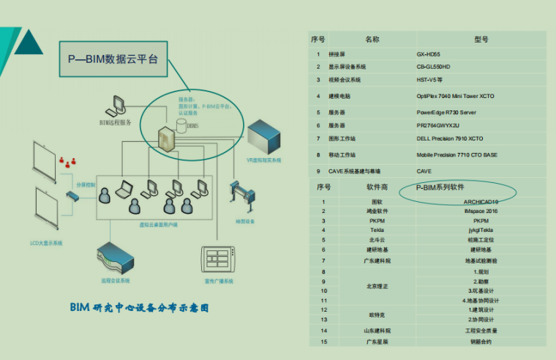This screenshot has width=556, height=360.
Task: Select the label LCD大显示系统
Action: [46, 242]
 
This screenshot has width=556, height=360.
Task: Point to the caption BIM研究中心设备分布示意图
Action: [139, 308]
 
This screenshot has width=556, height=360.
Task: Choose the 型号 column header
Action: [481, 40]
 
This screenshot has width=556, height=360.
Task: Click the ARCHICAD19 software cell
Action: [481, 201]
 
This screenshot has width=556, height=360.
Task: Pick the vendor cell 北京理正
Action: [377, 285]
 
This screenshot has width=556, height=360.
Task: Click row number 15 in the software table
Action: [323, 341]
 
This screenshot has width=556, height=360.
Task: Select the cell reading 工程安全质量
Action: [481, 330]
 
